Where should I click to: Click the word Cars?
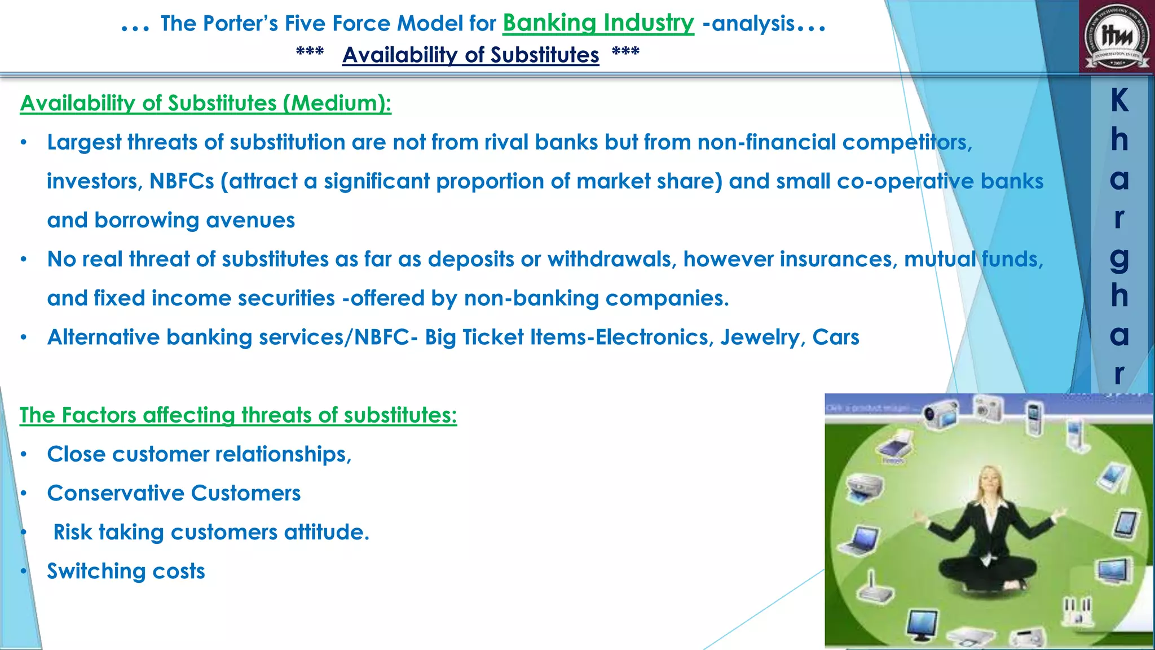click(836, 337)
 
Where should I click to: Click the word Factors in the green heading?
click(99, 415)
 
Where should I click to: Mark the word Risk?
click(72, 532)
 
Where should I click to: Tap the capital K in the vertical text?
click(1119, 101)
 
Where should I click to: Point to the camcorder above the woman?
click(941, 412)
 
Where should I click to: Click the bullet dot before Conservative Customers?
click(24, 494)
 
